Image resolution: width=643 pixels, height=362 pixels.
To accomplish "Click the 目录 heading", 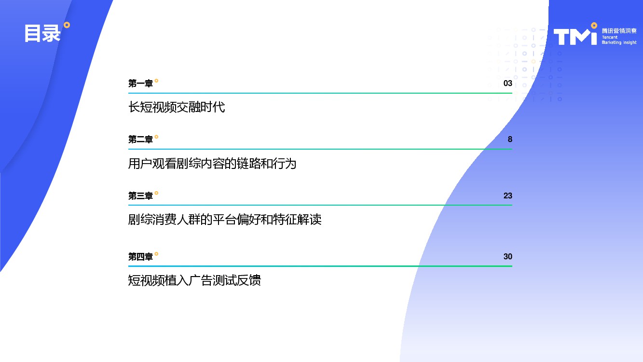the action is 42,33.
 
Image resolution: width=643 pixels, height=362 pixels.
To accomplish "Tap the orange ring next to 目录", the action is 67,25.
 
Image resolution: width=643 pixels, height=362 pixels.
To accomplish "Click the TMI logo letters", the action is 575,37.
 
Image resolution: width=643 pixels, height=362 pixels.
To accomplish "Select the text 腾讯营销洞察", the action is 619,31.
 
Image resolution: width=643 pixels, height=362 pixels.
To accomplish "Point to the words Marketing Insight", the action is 619,42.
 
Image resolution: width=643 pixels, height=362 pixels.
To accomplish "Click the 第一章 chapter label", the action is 140,84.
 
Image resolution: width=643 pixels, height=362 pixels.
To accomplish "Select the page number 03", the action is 508,84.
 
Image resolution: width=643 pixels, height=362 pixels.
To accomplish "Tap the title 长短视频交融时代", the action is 177,107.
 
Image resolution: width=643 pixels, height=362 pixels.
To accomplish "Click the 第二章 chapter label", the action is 140,139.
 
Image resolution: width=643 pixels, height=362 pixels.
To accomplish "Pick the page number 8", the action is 510,139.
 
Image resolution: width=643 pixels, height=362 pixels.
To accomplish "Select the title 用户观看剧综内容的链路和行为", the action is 212,164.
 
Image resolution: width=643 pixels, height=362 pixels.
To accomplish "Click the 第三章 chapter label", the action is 140,195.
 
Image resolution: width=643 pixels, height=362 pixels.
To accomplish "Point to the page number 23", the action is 508,195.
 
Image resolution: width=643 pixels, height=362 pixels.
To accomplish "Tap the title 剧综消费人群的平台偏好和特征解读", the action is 225,220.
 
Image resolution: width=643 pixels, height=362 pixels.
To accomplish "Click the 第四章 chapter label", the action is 140,257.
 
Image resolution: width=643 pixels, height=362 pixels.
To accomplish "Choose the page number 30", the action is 508,257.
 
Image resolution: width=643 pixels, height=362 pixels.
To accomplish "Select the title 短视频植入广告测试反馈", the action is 194,280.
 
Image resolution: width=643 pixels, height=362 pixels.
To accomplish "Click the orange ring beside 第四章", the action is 156,254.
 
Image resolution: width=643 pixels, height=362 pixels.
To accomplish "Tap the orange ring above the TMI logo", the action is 594,26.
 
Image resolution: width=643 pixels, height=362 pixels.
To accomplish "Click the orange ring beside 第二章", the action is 156,137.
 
